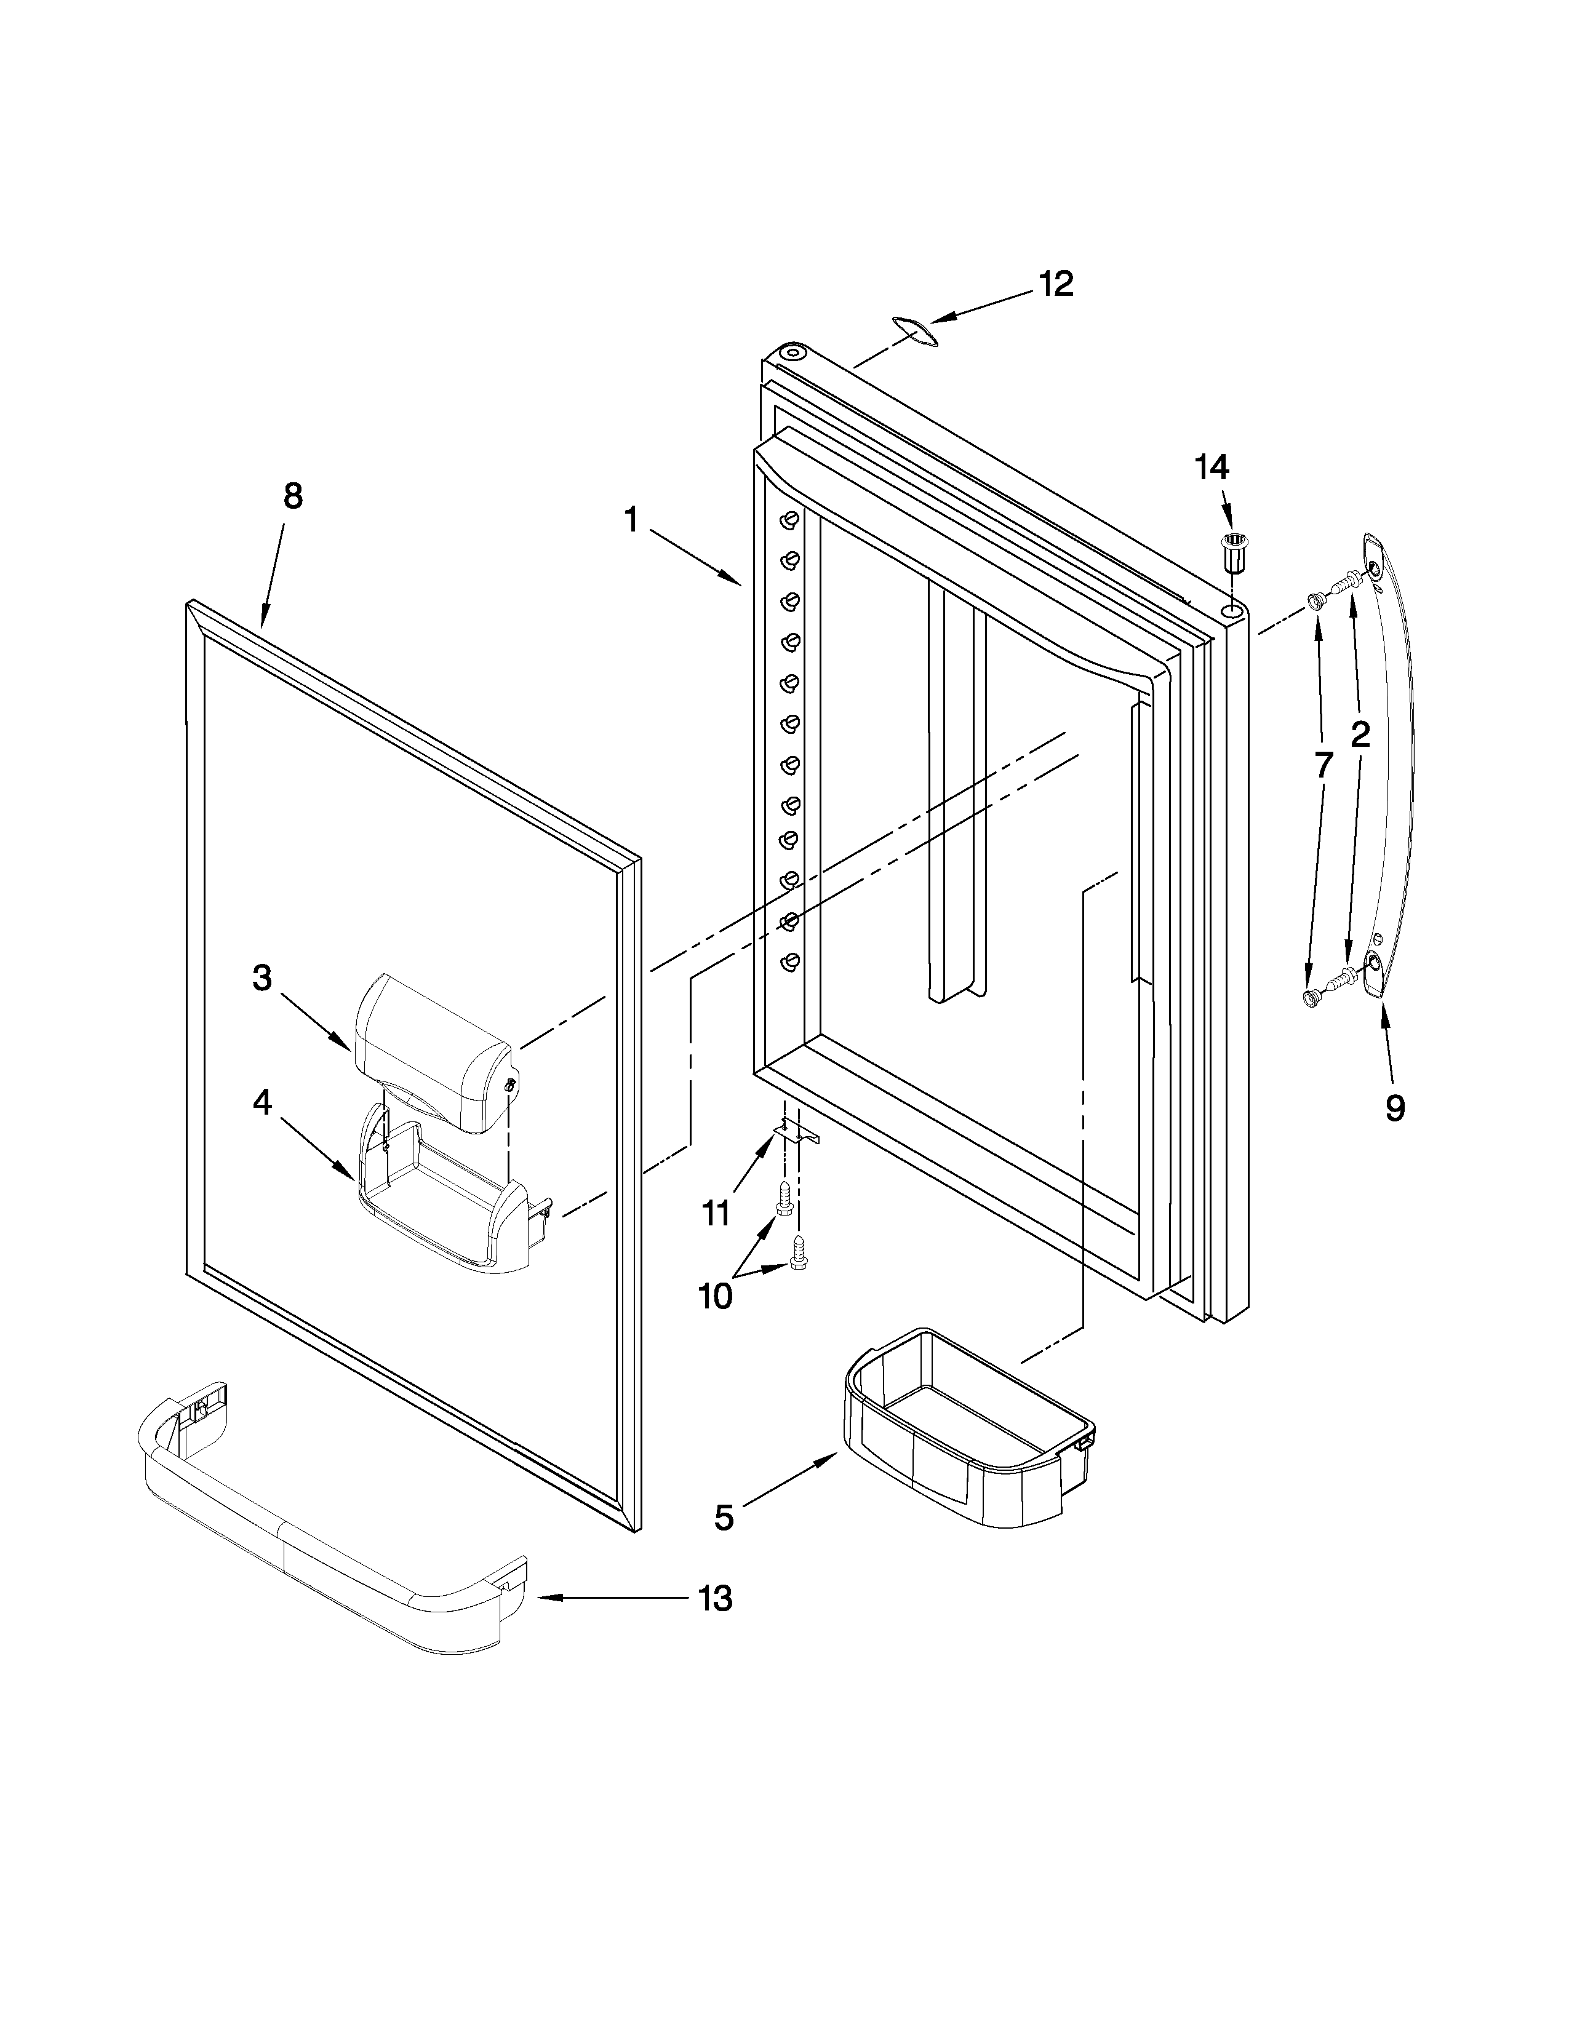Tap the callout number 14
click(1211, 468)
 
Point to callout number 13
click(715, 1599)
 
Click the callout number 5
click(724, 1518)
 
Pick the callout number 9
click(1395, 1107)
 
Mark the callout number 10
click(715, 1296)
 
